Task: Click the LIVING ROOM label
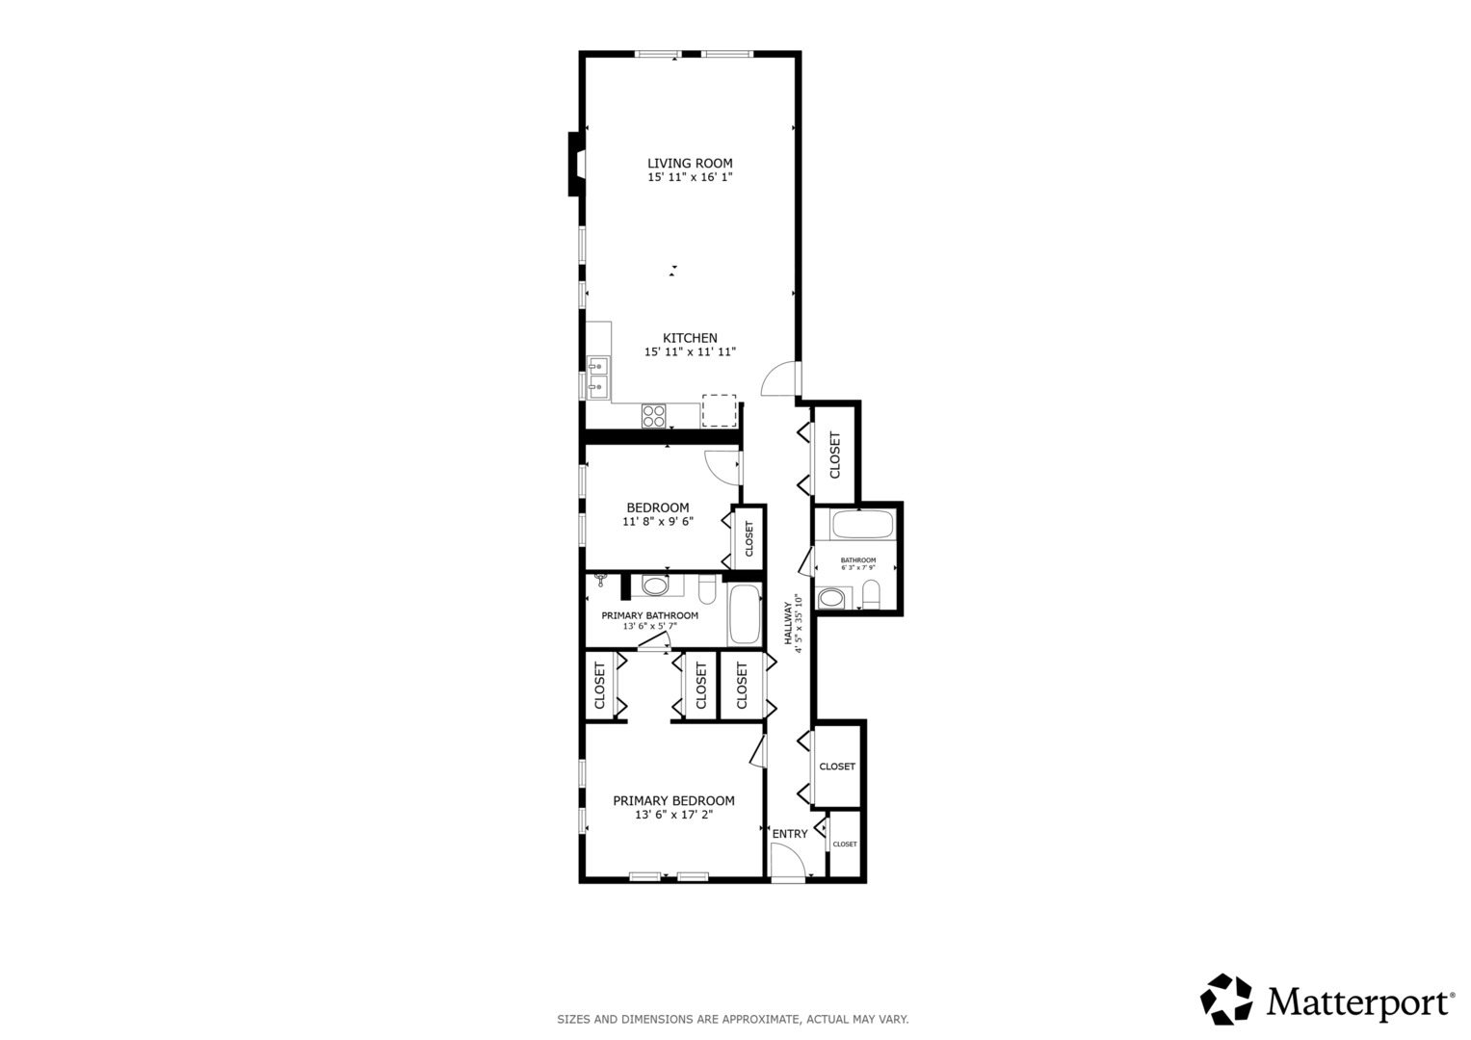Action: point(690,164)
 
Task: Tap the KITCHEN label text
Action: point(690,338)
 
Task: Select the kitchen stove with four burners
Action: point(653,416)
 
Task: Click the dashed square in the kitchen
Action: point(719,411)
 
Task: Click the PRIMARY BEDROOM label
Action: point(673,801)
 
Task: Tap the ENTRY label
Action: point(790,834)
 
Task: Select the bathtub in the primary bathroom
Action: point(745,614)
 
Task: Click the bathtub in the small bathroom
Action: point(862,525)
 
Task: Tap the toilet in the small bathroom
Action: point(871,594)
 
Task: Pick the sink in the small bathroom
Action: point(831,598)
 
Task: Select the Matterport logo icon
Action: point(1225,999)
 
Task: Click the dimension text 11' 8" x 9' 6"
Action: point(658,522)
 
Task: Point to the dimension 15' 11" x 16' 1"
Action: point(690,177)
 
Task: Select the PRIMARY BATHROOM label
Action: point(650,616)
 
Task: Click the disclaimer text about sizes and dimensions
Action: point(733,1020)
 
